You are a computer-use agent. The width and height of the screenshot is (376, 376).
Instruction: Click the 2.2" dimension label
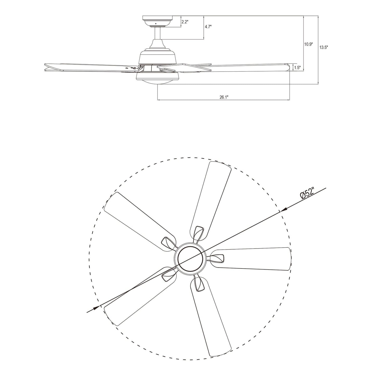tap(185, 22)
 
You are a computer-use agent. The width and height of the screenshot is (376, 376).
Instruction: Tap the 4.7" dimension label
tap(208, 27)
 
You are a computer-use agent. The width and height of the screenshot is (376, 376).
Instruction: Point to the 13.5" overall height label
tap(324, 47)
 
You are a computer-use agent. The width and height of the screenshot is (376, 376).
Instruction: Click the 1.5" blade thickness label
tap(297, 67)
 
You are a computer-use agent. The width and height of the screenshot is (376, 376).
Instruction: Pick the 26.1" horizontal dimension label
tap(224, 97)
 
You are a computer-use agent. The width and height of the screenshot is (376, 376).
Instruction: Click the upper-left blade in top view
tap(139, 221)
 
